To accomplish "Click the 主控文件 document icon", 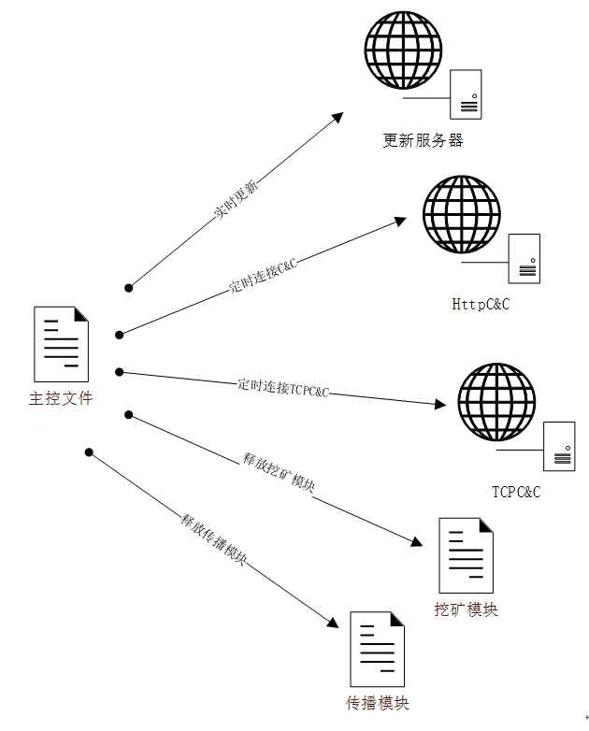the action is tap(61, 344).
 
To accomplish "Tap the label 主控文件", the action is tap(61, 398).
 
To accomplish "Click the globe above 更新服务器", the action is tap(403, 50).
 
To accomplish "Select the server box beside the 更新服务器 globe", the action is tap(466, 94).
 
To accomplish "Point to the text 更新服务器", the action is tap(423, 140).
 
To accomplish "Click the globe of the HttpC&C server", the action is tap(461, 214).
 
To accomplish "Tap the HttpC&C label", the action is tap(481, 304).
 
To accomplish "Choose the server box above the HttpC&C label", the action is tap(524, 259).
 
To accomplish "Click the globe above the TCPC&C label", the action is tap(496, 402).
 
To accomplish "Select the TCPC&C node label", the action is tap(516, 492).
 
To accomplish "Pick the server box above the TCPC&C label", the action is tap(559, 447).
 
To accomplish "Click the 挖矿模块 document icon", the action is tap(466, 555).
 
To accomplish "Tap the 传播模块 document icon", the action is tap(378, 650).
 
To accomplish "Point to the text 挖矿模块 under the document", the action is tap(466, 609).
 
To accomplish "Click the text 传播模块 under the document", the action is tap(378, 703).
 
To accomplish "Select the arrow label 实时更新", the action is tap(236, 199).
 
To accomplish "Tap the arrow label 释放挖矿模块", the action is tap(279, 472).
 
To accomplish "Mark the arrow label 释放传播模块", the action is tap(213, 539).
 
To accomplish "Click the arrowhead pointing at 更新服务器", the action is tap(338, 117).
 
